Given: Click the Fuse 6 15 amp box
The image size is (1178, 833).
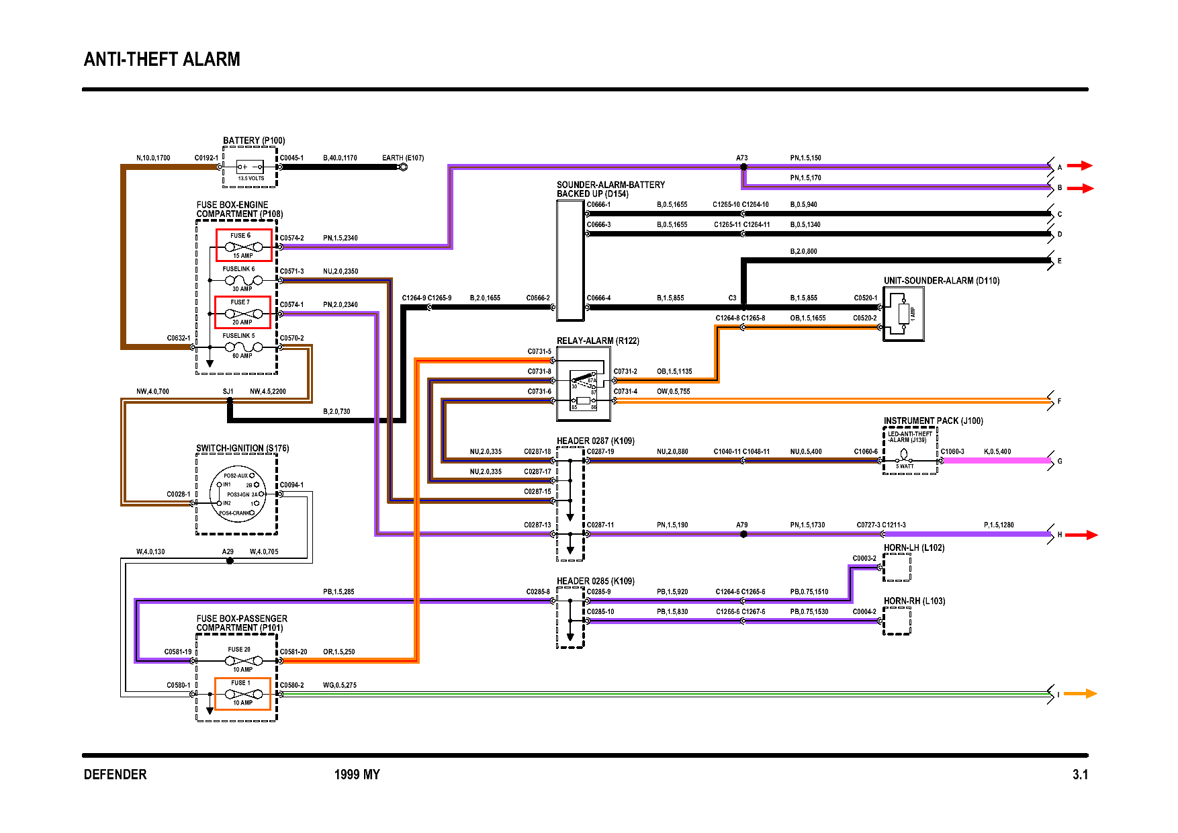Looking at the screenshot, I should (x=244, y=245).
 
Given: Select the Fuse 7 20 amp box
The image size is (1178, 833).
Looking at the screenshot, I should (x=242, y=312).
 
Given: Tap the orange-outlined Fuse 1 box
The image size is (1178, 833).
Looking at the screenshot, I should (x=242, y=693).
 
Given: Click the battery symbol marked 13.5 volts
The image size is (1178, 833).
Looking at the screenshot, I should (x=251, y=167).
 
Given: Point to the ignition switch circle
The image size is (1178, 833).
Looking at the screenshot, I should (x=238, y=494).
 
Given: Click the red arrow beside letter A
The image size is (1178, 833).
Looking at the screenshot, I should (x=1080, y=165).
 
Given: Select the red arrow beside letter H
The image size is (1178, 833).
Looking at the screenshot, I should (x=1081, y=535).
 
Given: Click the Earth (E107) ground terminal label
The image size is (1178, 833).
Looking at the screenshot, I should (x=403, y=159).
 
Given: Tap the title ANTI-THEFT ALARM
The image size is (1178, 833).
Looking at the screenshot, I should (x=162, y=60).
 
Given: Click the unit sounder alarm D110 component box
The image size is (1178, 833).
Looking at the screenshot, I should (x=903, y=314).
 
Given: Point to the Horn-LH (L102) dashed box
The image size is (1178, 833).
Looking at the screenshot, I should (x=897, y=568).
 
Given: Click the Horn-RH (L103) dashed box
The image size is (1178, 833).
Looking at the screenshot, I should (x=897, y=621).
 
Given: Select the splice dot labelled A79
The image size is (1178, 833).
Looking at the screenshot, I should (x=743, y=535).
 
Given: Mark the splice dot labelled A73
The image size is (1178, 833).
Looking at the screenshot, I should (x=743, y=167).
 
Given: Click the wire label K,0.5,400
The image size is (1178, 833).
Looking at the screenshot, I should (x=997, y=451).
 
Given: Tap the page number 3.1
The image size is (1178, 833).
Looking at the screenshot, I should (x=1079, y=775).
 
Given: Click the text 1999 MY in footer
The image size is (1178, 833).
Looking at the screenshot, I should (x=357, y=775).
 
